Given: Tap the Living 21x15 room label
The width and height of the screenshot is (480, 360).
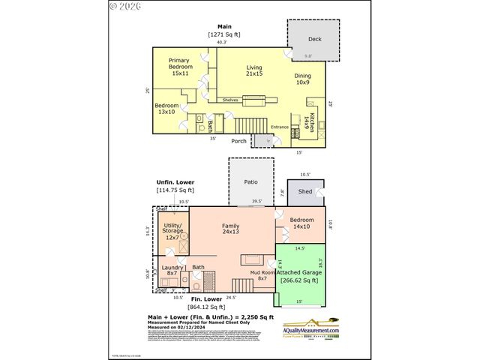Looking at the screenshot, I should click(254, 70).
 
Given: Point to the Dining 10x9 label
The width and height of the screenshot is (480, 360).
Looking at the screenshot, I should click(302, 78).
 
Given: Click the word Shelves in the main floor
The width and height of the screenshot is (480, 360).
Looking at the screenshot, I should click(230, 100).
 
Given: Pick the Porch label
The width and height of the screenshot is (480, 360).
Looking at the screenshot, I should click(238, 140).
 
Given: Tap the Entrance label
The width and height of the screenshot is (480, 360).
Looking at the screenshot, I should click(279, 127).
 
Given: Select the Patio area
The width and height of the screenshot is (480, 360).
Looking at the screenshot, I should click(251, 181).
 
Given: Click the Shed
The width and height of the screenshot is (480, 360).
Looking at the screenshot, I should click(305, 192).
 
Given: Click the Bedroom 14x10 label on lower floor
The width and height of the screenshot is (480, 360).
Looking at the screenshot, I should click(301, 223).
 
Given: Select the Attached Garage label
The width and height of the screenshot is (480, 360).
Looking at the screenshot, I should click(300, 276).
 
